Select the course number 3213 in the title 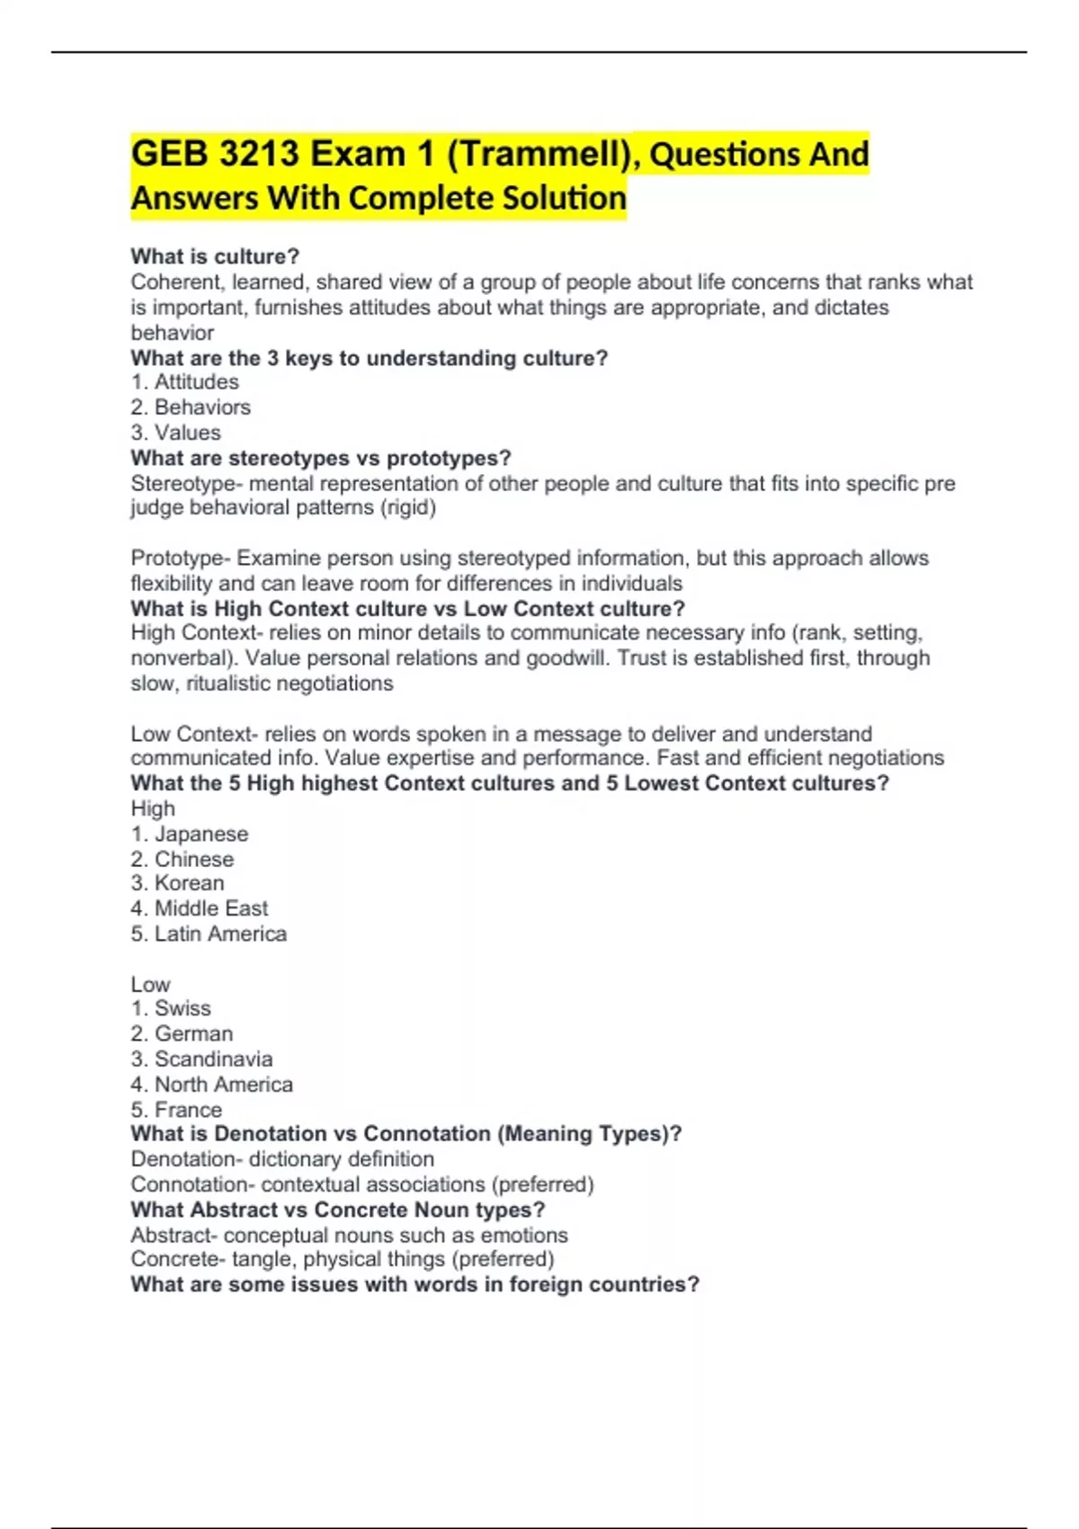coord(259,154)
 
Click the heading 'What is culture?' coord(215,256)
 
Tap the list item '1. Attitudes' coord(184,382)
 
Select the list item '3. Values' coord(175,433)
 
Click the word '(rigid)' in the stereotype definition coord(408,508)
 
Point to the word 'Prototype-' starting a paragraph coord(180,559)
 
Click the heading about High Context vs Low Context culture coord(407,609)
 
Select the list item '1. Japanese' coord(189,835)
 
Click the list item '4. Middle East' coord(199,908)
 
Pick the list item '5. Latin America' coord(209,934)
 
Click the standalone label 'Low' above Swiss coord(150,985)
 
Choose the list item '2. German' coord(182,1034)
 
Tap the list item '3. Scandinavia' coord(201,1060)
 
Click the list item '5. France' coord(176,1110)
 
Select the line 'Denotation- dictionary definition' coord(282,1159)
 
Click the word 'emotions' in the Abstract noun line coord(526,1236)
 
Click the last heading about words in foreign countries coord(415,1284)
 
